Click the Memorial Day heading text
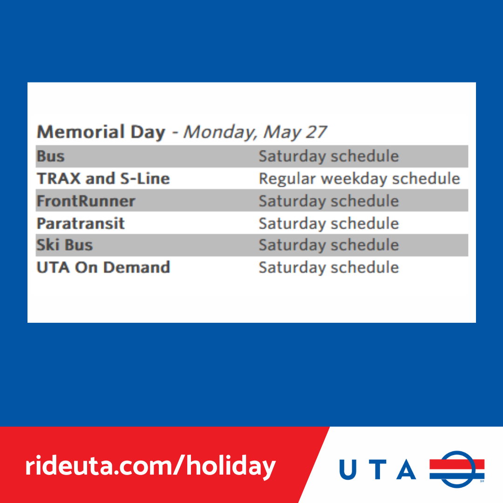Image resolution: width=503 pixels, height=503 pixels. [101, 132]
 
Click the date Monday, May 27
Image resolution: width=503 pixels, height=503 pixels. [255, 132]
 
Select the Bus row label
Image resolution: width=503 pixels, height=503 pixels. [51, 156]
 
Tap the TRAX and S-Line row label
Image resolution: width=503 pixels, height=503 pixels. [103, 179]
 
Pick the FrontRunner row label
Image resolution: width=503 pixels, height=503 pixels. [86, 201]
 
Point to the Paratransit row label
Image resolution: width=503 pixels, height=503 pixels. [81, 224]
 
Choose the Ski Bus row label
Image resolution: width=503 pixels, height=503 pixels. [65, 245]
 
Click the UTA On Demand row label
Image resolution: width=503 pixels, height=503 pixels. [103, 267]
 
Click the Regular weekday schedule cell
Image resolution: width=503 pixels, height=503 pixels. [360, 179]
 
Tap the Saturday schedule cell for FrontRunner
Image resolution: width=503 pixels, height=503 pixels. [329, 202]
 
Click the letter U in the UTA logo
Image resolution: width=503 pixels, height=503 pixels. [348, 469]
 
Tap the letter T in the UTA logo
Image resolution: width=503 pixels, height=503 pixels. [378, 469]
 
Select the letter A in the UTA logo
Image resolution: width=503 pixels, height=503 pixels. [406, 469]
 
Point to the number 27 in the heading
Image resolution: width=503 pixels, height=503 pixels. [316, 132]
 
